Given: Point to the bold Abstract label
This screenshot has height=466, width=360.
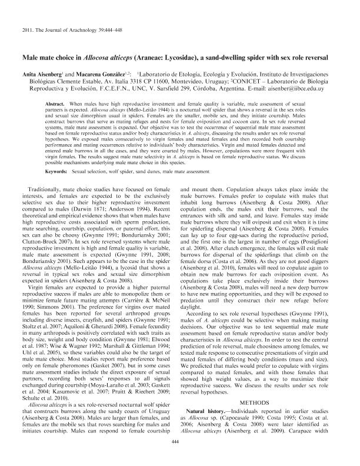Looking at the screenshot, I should click(x=55, y=102).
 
